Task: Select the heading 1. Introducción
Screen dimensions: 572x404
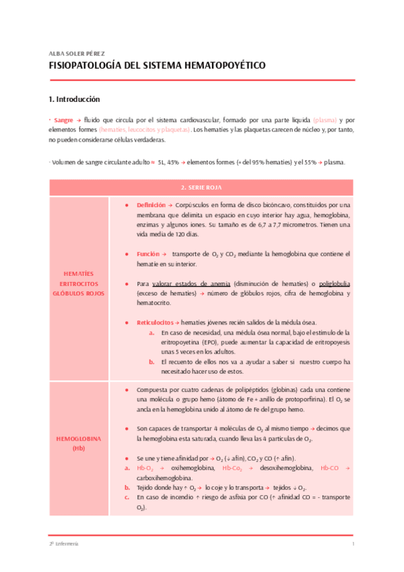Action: (74, 98)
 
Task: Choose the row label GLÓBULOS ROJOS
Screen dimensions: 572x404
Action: (79, 293)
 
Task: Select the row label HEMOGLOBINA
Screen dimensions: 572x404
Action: (79, 438)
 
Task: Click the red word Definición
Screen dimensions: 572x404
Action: (150, 204)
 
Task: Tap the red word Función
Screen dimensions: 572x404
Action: (147, 254)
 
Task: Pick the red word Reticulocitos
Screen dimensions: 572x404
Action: (155, 322)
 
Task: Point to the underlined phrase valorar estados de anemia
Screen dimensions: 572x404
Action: (192, 283)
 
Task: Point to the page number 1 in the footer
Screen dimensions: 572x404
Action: (353, 543)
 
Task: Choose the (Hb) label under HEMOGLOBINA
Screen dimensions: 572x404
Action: (79, 448)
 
